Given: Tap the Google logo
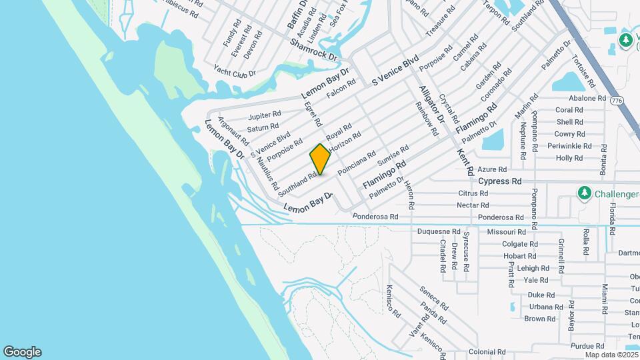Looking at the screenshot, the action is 22,352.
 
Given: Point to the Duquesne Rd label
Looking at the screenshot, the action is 439,232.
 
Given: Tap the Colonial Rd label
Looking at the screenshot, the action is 487,351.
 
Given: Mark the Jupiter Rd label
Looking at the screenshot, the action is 264,116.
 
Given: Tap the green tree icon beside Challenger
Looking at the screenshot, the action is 584,193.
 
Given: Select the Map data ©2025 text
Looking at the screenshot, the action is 612,355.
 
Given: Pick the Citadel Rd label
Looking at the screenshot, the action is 442,256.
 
